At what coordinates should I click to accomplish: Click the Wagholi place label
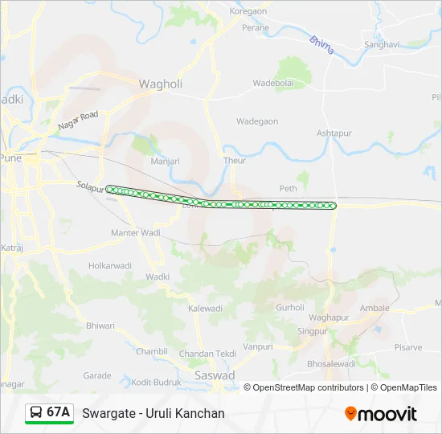[x=161, y=84]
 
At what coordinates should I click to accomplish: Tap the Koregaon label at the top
[x=248, y=11]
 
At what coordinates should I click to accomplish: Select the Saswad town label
[x=215, y=375]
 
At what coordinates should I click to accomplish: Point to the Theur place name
[x=235, y=161]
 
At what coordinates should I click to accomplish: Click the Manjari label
[x=165, y=161]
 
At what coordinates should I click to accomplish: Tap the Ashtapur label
[x=334, y=133]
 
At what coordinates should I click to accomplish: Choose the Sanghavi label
[x=381, y=45]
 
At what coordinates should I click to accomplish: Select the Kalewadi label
[x=205, y=308]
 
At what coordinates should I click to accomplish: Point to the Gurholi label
[x=290, y=307]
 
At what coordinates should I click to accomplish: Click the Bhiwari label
[x=100, y=325]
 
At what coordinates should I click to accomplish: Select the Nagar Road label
[x=77, y=121]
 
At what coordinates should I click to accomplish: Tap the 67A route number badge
[x=49, y=413]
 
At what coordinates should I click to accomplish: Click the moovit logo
[x=381, y=414]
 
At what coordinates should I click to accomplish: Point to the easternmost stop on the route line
[x=334, y=206]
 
